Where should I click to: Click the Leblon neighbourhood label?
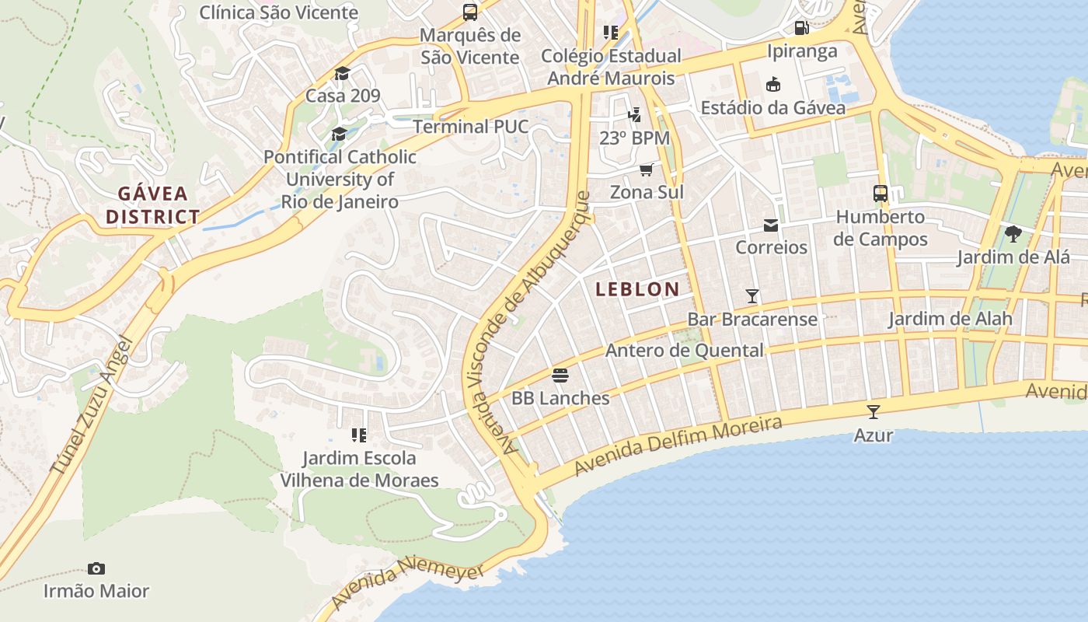coord(637,289)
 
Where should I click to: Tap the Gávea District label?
coord(153,205)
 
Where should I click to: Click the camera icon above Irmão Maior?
coord(96,568)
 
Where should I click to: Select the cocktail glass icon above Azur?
coord(874,411)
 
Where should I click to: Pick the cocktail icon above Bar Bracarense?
coord(752,295)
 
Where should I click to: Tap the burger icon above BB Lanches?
coord(560,376)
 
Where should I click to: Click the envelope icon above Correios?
coord(771,225)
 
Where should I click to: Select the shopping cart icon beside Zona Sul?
coord(646,169)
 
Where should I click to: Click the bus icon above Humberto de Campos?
coord(881,194)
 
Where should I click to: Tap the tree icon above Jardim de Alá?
coord(1013,233)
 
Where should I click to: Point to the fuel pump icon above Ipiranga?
coord(801,28)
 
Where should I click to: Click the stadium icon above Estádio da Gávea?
coord(772,84)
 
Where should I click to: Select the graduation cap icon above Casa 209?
coord(342,74)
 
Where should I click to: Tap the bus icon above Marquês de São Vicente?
coord(470,12)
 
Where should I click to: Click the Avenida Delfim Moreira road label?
coord(678,446)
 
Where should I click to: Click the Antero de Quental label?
coord(684,351)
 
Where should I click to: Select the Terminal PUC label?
coord(471,127)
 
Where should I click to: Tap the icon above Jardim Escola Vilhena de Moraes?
coord(359,435)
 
